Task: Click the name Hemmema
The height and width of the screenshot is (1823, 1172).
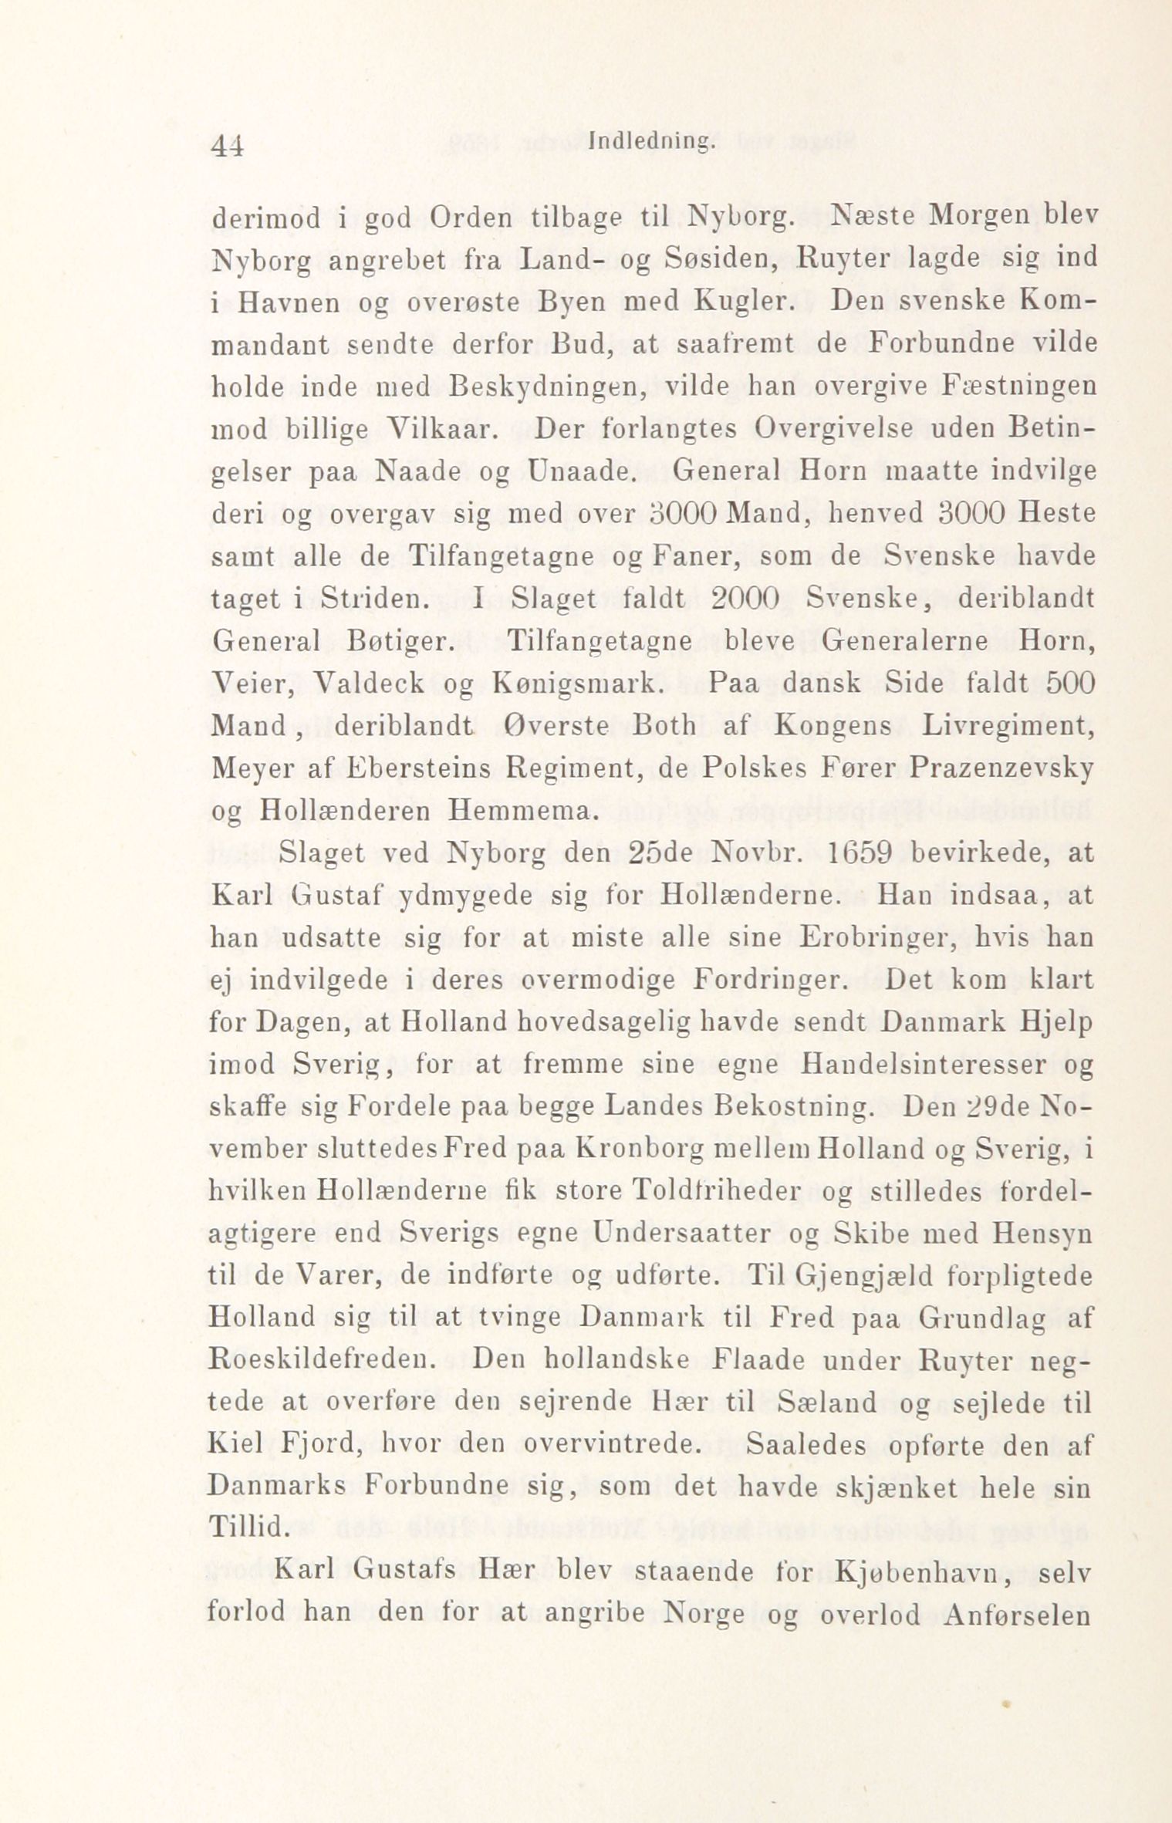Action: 520,812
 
